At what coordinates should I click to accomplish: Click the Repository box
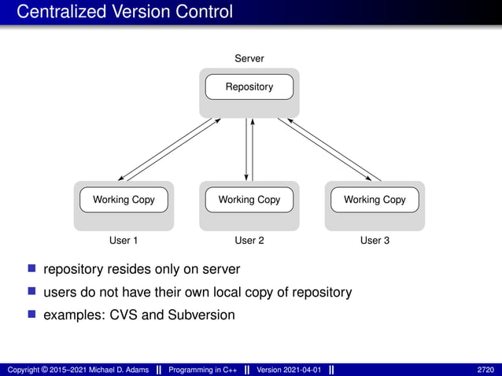(x=249, y=87)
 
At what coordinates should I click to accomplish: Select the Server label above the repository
(x=249, y=59)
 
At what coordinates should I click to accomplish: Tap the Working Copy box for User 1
(x=124, y=200)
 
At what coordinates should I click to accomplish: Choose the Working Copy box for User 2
(x=249, y=200)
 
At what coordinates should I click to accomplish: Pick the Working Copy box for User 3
(x=375, y=200)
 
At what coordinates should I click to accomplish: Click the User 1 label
(x=124, y=240)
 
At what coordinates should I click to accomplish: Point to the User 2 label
(x=249, y=240)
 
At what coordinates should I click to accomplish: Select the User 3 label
(x=375, y=240)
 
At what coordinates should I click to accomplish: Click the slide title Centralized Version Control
(x=124, y=12)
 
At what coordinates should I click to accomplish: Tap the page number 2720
(x=485, y=369)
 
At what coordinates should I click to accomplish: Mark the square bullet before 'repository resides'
(x=33, y=269)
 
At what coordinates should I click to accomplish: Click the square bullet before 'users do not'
(x=33, y=292)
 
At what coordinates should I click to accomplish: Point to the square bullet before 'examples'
(x=33, y=315)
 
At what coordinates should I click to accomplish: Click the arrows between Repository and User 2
(x=249, y=149)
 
